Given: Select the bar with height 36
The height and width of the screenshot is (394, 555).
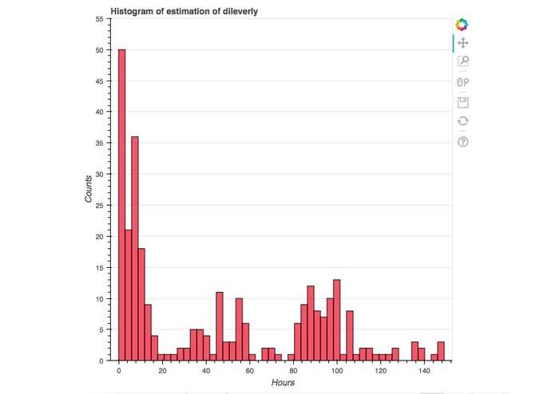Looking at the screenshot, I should [x=135, y=248].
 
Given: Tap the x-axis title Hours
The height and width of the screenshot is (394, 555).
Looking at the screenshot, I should [x=282, y=383].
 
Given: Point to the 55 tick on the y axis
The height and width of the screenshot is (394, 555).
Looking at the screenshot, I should [x=99, y=18].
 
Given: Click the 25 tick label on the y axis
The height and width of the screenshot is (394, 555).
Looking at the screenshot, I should [x=99, y=205].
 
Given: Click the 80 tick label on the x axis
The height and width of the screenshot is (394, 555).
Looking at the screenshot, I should [x=293, y=371].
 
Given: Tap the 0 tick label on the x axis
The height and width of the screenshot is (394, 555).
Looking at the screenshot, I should [x=118, y=371].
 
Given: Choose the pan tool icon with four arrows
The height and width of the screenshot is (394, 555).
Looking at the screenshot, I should [x=462, y=43].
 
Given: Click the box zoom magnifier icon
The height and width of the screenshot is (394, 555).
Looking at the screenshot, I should [x=462, y=62].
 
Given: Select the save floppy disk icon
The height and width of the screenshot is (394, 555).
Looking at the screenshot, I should [x=462, y=102].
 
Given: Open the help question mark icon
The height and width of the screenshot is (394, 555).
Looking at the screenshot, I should [x=462, y=141].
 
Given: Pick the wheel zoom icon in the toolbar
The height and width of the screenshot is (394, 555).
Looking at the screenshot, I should [x=462, y=82].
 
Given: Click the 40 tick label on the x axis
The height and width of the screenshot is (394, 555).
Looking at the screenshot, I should [x=206, y=371].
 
